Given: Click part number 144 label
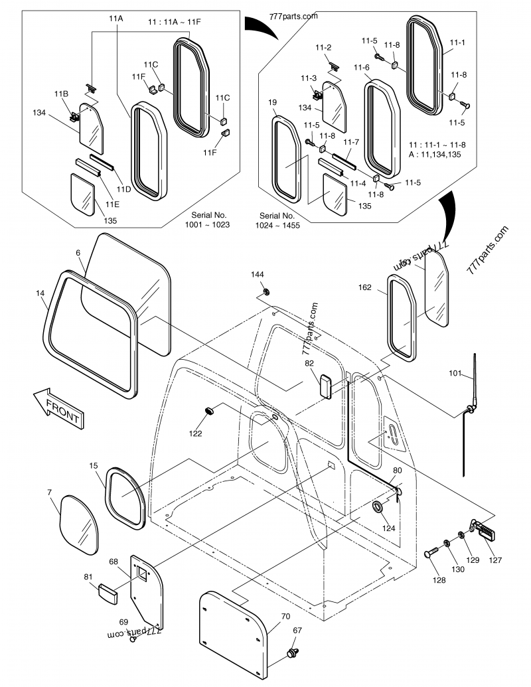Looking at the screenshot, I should (258, 274).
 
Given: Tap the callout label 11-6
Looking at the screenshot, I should (361, 68).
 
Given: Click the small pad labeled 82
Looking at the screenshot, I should (327, 385).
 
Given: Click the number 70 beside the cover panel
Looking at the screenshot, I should (286, 616).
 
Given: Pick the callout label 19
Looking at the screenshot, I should (272, 102).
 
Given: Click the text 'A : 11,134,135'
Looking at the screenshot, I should (435, 155).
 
